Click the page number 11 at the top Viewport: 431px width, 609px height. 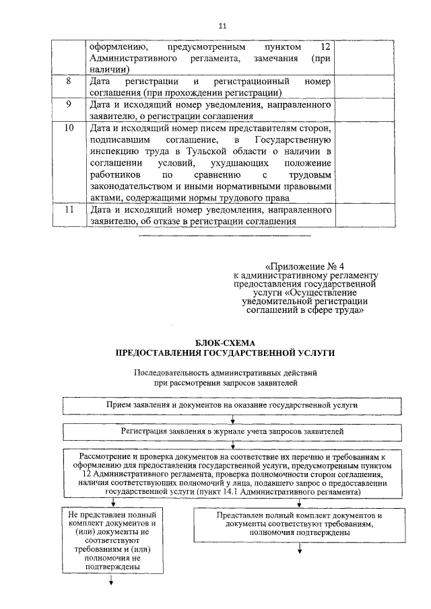click(223, 26)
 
